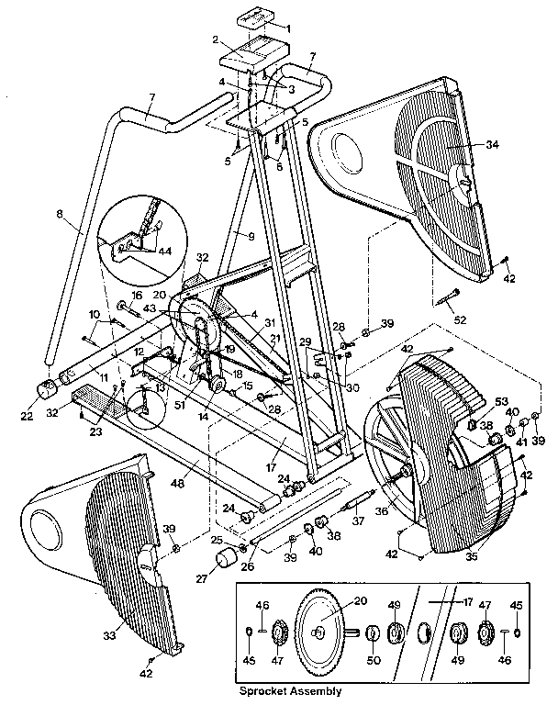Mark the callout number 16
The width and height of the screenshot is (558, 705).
(137, 296)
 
